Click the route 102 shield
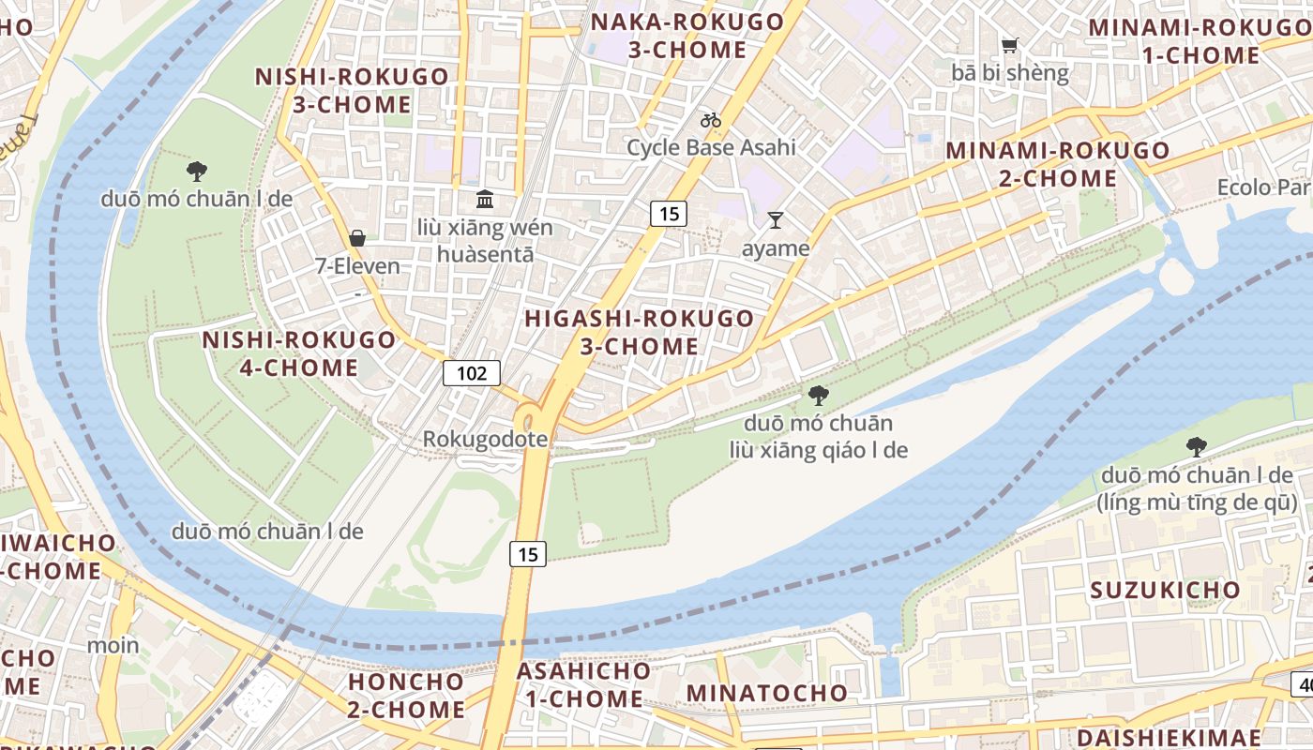[x=472, y=373]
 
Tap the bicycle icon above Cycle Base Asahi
[x=711, y=120]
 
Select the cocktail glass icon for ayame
[x=775, y=220]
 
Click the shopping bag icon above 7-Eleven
[x=357, y=238]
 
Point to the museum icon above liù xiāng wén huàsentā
[x=485, y=199]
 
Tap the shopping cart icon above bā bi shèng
[x=1009, y=45]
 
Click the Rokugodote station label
[x=485, y=439]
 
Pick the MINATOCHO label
[x=767, y=693]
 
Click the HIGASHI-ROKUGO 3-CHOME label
[x=640, y=332]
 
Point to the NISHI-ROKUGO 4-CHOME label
[x=299, y=352]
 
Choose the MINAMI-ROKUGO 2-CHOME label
[x=1058, y=164]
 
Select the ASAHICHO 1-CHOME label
[x=583, y=684]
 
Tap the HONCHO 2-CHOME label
[x=406, y=695]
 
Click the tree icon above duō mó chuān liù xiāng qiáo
[x=818, y=395]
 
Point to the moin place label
[x=113, y=645]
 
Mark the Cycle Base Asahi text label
[x=711, y=147]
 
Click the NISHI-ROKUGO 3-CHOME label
[x=352, y=90]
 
